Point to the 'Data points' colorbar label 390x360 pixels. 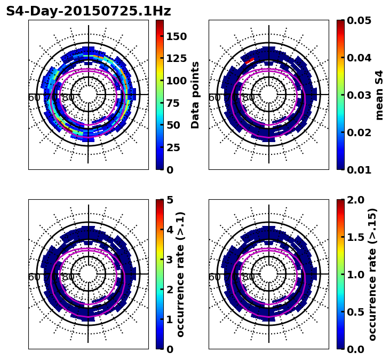[195, 95]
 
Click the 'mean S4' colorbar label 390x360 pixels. [379, 95]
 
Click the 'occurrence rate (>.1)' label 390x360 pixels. [181, 274]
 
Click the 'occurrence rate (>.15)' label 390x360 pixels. [372, 274]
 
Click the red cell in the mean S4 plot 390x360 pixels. [250, 61]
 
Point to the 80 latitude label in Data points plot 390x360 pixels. [68, 98]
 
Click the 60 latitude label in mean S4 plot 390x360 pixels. [214, 98]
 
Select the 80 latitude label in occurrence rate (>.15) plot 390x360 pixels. [248, 277]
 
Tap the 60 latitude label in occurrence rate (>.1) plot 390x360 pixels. [34, 277]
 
